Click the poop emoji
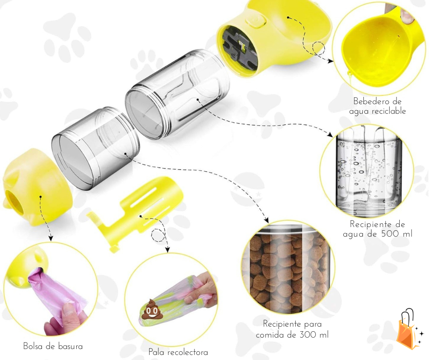(x=151, y=309)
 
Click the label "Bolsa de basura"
(x=53, y=346)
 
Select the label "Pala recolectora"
(x=178, y=352)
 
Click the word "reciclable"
(x=388, y=111)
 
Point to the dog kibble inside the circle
(x=287, y=269)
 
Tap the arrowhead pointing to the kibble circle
(x=266, y=220)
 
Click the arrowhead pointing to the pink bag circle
(x=50, y=238)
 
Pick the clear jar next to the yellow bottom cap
(x=96, y=148)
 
